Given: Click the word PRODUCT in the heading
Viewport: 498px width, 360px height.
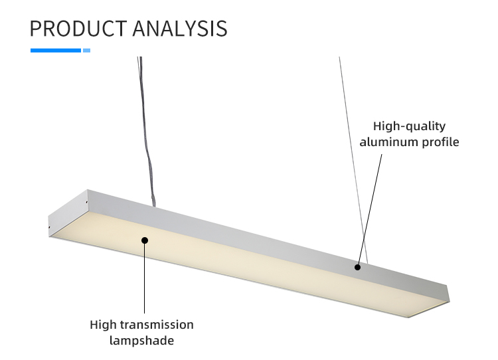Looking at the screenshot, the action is pyautogui.click(x=78, y=29).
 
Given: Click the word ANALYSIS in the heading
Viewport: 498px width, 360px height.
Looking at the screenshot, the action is pyautogui.click(x=180, y=29).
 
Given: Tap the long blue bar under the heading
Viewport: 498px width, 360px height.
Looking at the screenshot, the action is pyautogui.click(x=56, y=50).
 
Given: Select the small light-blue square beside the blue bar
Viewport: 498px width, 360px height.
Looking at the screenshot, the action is pyautogui.click(x=87, y=50).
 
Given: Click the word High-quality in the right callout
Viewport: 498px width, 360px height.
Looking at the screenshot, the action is pyautogui.click(x=409, y=127).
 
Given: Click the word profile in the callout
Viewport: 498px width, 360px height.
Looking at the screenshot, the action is pyautogui.click(x=440, y=142).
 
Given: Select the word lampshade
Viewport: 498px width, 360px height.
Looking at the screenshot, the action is pyautogui.click(x=141, y=341).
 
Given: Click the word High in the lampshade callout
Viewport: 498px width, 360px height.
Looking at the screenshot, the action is pyautogui.click(x=103, y=325).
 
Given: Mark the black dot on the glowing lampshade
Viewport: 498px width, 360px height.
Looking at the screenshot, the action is pyautogui.click(x=145, y=240).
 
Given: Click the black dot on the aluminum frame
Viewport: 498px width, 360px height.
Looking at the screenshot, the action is pyautogui.click(x=357, y=267).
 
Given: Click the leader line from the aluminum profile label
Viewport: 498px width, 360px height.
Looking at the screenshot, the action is pyautogui.click(x=370, y=210).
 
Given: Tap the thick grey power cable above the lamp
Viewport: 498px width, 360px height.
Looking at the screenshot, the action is pyautogui.click(x=147, y=132).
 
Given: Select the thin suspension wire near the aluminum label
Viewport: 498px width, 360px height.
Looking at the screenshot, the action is pyautogui.click(x=353, y=160).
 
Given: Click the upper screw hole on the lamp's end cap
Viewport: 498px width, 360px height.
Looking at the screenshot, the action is pyautogui.click(x=87, y=202).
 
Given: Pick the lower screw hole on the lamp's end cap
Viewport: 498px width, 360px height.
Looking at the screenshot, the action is pyautogui.click(x=49, y=227).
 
